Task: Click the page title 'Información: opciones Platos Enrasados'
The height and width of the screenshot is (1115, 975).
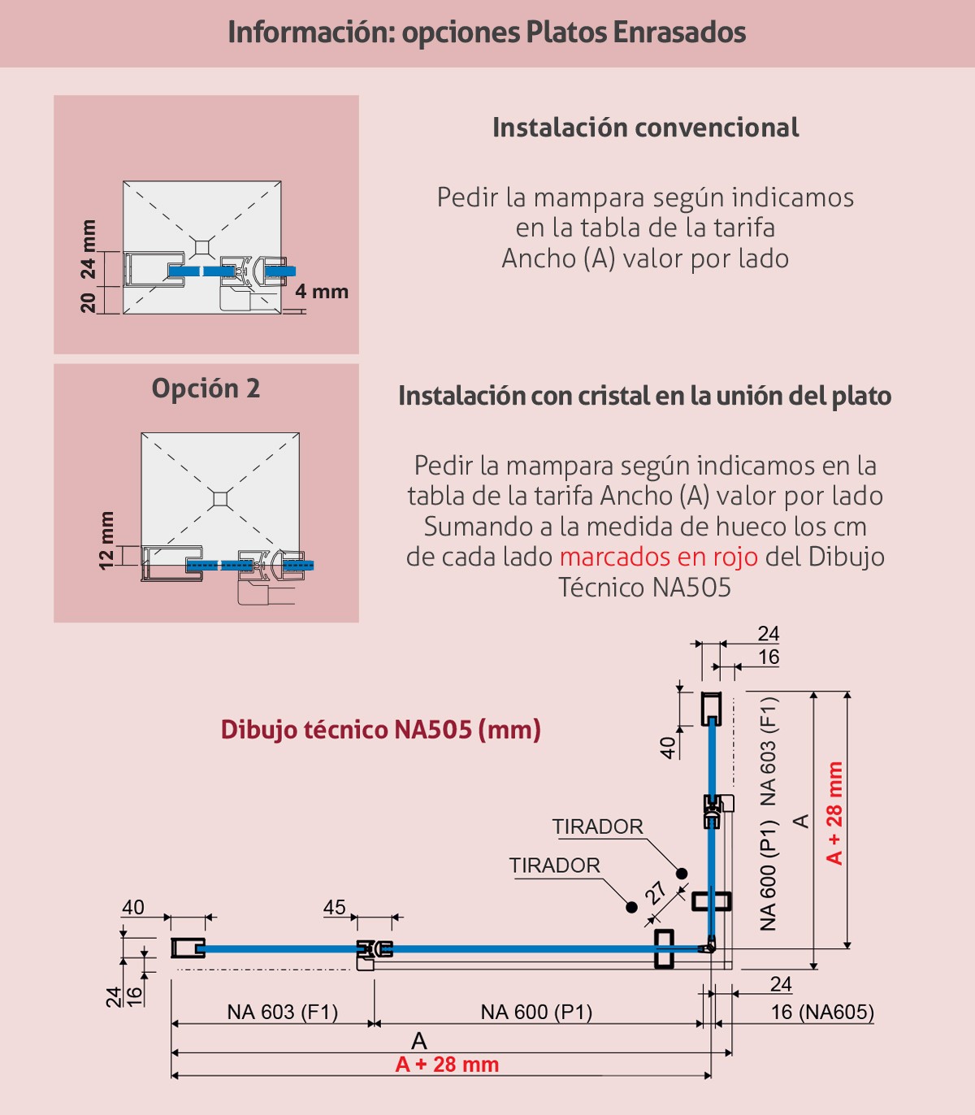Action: point(487,33)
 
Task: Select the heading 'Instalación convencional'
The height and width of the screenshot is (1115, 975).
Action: point(645,128)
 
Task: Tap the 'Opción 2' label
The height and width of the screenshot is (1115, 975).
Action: point(206,388)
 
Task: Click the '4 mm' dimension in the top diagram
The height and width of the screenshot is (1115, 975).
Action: point(322,292)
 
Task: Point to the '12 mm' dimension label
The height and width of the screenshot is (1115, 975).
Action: point(106,540)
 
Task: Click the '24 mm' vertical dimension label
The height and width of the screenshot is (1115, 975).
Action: point(89,249)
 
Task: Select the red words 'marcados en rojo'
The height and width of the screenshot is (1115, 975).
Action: point(659,557)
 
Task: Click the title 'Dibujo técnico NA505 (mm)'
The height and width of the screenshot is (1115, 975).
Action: point(381,730)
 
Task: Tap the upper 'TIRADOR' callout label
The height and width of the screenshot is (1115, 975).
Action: point(597,826)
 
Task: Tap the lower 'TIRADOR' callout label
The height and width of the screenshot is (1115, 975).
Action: point(554,866)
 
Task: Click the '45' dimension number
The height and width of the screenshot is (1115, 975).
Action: point(335,908)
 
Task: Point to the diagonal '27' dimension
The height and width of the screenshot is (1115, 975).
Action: point(656,892)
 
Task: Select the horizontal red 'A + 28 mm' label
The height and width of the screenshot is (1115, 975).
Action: point(447,1065)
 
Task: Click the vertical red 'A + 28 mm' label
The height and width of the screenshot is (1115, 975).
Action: point(834,813)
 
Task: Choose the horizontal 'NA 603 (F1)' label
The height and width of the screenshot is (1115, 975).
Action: point(282,1012)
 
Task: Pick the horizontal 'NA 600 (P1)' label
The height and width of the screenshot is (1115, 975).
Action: point(536,1012)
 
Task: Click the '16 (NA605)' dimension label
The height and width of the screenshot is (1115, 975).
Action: point(822,1012)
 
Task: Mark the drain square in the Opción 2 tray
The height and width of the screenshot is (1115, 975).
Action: point(220,499)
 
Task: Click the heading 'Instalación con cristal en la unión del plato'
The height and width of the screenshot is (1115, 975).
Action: point(645,397)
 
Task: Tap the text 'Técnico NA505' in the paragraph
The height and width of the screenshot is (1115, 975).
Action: point(645,588)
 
